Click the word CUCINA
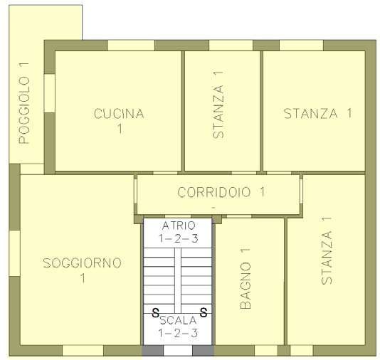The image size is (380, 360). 119,114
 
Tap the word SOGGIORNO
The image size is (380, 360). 82,263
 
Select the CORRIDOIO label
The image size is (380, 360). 214,192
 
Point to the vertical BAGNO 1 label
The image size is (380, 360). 246,278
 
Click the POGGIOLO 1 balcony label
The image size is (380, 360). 24,103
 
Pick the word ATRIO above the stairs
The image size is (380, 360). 179,226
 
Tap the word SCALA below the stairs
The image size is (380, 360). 178,320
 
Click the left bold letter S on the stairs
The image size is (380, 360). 155,312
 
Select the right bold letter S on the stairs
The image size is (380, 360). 204,312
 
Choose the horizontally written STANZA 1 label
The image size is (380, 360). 317,113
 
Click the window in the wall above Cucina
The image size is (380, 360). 131,46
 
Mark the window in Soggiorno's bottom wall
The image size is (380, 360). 83,351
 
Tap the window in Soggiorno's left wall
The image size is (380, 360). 14,253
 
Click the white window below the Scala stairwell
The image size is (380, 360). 178,351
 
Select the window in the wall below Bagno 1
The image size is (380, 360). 266,351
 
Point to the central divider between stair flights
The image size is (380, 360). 178,280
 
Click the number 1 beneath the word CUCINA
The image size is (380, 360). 120,129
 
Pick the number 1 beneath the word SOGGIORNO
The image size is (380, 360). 83,278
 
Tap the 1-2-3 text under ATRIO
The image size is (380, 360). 179,238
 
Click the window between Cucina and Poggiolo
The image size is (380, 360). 49,93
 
